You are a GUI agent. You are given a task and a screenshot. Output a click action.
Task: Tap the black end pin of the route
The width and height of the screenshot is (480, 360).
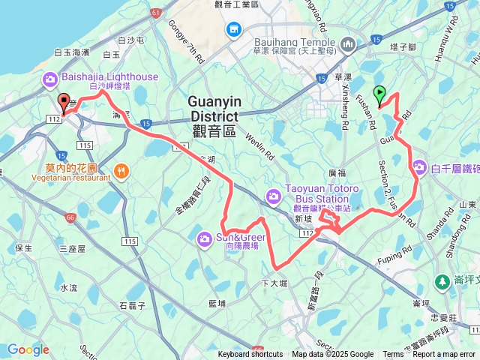tap(64, 104)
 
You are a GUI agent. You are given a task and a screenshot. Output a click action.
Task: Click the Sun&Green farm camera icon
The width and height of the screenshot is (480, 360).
tap(204, 238)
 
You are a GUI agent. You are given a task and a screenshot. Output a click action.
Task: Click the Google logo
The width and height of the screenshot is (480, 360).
tap(28, 349)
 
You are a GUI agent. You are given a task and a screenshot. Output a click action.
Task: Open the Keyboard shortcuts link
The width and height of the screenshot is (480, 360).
tap(250, 355)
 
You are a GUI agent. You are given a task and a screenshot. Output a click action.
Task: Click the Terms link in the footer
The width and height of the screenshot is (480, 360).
tap(393, 355)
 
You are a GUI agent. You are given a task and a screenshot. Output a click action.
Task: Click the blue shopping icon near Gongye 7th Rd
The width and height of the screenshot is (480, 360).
tap(234, 29)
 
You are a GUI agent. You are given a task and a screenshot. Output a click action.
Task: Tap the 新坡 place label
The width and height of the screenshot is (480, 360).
tap(302, 217)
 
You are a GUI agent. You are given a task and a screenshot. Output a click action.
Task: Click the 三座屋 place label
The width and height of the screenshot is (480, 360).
tap(73, 248)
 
